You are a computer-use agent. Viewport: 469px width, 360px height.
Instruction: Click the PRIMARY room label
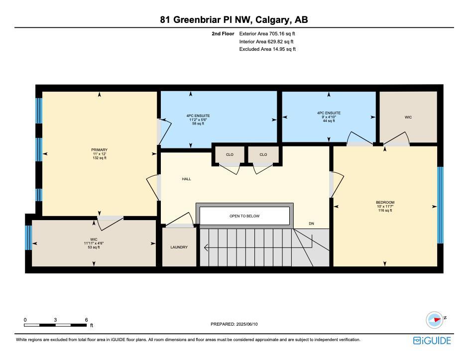(x=99, y=149)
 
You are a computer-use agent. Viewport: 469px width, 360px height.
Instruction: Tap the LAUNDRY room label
(x=179, y=247)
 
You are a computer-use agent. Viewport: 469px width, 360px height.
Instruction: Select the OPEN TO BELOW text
(x=244, y=216)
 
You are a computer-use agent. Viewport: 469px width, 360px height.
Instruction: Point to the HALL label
(x=186, y=179)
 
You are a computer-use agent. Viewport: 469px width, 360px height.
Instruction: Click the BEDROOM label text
(x=385, y=202)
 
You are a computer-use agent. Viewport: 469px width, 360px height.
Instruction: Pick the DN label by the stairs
(x=311, y=224)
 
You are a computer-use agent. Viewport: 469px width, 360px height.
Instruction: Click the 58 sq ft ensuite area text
(x=198, y=123)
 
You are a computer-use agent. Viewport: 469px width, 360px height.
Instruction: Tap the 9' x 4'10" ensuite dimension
(x=329, y=117)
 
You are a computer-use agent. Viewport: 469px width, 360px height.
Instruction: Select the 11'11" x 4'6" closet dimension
(x=94, y=243)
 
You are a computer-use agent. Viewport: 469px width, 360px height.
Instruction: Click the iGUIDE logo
(x=432, y=341)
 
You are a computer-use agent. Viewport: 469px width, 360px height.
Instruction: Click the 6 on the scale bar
(x=87, y=320)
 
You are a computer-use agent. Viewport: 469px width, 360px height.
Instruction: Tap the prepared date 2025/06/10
(x=247, y=324)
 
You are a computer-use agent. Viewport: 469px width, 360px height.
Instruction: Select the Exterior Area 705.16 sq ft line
(x=267, y=34)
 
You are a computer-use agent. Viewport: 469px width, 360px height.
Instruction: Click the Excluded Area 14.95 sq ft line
(x=267, y=49)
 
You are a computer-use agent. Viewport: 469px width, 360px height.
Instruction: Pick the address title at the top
(x=234, y=20)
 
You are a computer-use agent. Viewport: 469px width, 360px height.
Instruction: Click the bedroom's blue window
(x=440, y=205)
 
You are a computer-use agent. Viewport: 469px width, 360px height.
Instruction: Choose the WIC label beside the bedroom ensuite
(x=408, y=117)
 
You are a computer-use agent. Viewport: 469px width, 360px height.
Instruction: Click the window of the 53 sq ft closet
(x=28, y=238)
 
